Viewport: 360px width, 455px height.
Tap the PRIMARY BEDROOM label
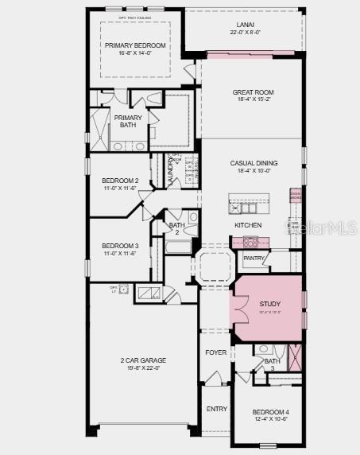(x=135, y=45)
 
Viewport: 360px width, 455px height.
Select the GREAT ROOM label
(x=253, y=92)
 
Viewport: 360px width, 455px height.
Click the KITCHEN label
(x=247, y=225)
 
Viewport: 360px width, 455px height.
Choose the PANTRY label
(x=254, y=258)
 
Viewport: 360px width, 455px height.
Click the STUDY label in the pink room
(x=270, y=304)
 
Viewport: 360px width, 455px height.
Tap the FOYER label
(x=216, y=352)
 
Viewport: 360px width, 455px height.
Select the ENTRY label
(x=216, y=409)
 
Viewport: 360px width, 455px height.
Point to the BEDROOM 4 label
(x=270, y=411)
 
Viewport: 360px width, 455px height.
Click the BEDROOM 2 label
(x=120, y=181)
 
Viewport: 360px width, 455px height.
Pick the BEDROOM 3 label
(x=120, y=245)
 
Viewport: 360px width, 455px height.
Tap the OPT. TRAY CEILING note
(x=134, y=16)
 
